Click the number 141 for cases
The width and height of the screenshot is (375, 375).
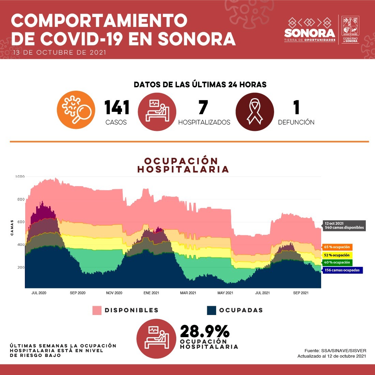tap(117, 108)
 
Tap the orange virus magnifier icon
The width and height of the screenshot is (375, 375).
tap(76, 110)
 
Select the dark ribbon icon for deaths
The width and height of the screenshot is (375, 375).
tap(255, 111)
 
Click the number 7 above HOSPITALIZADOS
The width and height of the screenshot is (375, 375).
tap(203, 108)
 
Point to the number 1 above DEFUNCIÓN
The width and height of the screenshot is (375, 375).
tap(296, 108)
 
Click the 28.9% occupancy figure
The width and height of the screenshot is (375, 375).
tap(205, 331)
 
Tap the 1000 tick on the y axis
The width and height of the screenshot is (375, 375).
tap(20, 177)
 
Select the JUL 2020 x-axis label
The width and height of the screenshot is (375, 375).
tap(39, 293)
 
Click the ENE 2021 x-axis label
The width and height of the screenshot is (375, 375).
tap(151, 293)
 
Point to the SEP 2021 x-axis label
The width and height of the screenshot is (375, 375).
tap(301, 293)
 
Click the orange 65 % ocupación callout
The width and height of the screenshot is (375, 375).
tap(337, 247)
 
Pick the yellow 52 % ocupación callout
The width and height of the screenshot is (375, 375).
tap(337, 255)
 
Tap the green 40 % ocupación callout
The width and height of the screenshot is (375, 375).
tap(337, 262)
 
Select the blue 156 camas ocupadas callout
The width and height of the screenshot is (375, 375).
tap(342, 270)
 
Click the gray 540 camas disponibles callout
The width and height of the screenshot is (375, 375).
tap(344, 226)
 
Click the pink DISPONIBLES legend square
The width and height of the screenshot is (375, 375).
tap(97, 310)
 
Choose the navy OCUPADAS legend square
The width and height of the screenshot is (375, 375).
tap(211, 310)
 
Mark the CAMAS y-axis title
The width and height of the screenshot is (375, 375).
tap(12, 228)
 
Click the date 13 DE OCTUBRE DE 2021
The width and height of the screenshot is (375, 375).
tap(59, 52)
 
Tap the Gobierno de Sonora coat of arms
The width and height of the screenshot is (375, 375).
tap(350, 27)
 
